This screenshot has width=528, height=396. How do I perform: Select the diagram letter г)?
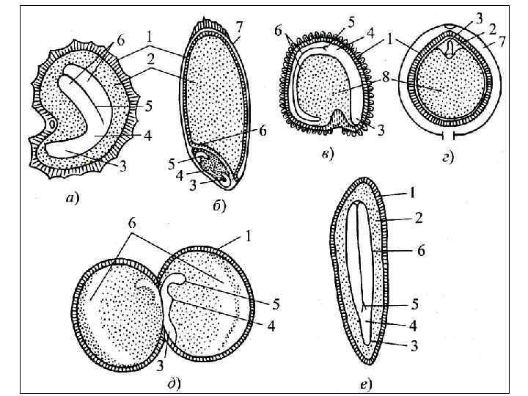tap(446, 156)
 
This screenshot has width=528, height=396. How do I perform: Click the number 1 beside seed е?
tap(413, 194)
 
